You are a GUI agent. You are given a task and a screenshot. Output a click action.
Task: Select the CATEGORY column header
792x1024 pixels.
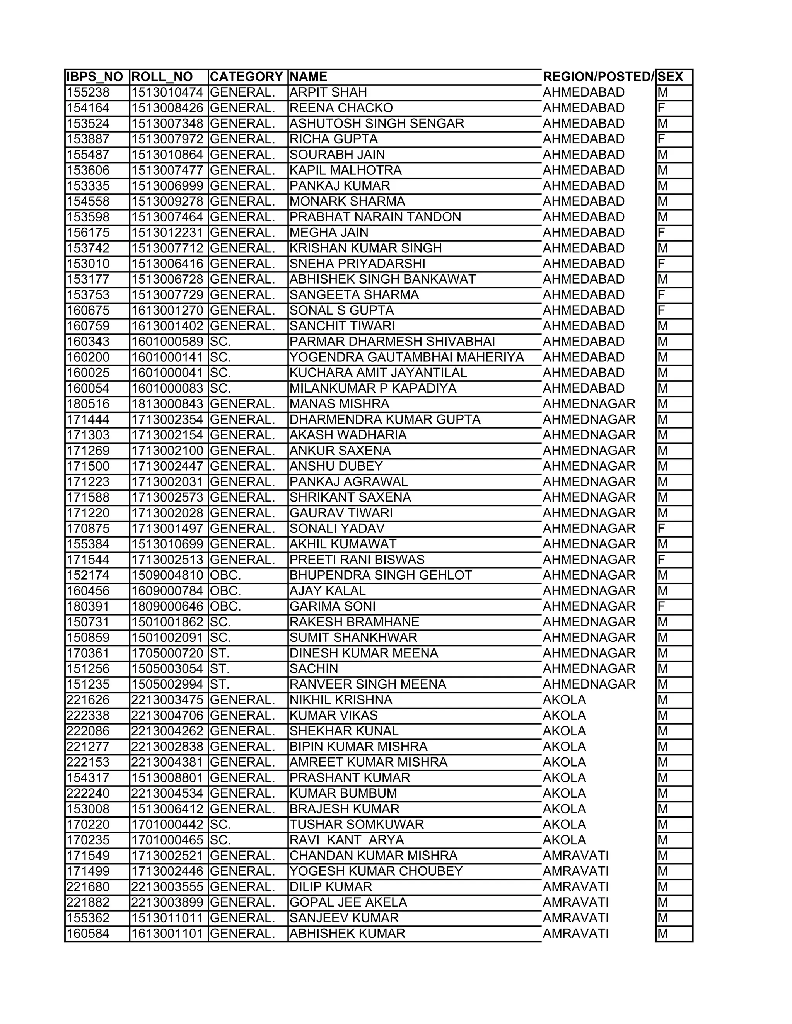(246, 77)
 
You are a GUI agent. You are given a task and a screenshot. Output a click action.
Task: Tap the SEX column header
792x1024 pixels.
(671, 77)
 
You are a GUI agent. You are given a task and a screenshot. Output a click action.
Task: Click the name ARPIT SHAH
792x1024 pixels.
(328, 92)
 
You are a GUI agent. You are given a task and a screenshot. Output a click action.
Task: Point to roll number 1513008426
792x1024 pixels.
(167, 108)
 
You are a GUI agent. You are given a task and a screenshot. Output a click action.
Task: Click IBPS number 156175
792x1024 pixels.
(88, 233)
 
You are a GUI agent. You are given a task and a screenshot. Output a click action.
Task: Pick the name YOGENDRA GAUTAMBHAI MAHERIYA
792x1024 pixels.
(406, 357)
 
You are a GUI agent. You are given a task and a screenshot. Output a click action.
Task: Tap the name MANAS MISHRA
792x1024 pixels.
(339, 404)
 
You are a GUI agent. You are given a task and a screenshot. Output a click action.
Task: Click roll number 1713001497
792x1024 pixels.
(167, 528)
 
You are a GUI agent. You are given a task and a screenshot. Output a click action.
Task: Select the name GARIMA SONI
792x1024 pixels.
(332, 606)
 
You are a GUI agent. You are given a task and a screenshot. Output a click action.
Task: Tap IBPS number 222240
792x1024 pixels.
(88, 793)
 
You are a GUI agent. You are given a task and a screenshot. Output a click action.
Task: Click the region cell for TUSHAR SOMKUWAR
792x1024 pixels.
(565, 824)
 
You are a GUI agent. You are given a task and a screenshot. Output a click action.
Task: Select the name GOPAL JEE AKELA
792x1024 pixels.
(348, 902)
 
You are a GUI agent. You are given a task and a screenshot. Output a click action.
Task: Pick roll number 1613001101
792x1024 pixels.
(167, 934)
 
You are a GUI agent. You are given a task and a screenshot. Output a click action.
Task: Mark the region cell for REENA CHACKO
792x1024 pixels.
(584, 108)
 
